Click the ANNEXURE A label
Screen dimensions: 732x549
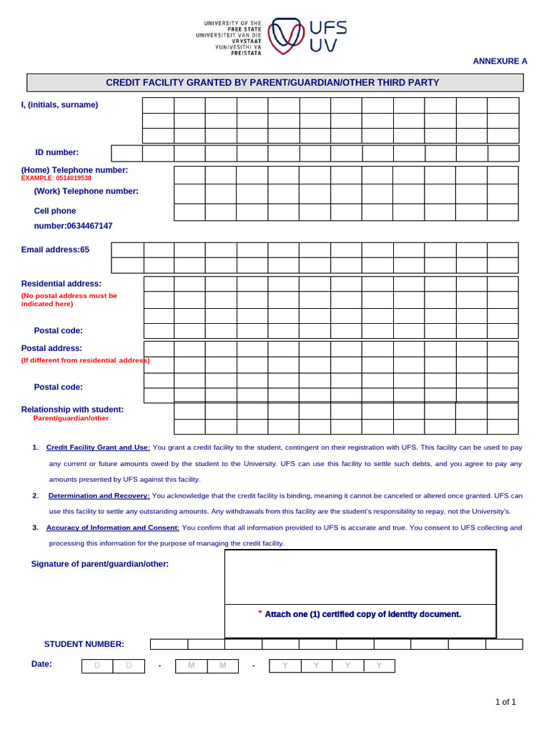click(500, 61)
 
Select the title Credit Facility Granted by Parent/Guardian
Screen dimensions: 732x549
click(272, 83)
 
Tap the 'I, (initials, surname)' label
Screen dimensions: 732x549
click(60, 105)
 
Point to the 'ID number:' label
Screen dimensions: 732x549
click(57, 152)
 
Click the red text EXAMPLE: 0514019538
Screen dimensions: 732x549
click(56, 178)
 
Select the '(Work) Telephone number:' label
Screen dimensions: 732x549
click(86, 191)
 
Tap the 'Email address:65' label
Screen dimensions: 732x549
click(55, 249)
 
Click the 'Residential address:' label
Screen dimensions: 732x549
click(61, 284)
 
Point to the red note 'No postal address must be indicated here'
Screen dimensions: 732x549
click(69, 300)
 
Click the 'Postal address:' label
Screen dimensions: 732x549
click(51, 348)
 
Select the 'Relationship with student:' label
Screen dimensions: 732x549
click(72, 410)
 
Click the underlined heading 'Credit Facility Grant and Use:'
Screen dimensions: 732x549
click(98, 447)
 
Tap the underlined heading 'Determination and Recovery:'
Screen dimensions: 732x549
click(99, 495)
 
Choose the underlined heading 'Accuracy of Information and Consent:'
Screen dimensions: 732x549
click(113, 528)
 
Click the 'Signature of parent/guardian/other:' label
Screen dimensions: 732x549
click(100, 564)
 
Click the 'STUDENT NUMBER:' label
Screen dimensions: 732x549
click(84, 644)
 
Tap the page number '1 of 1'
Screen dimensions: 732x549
click(505, 702)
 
